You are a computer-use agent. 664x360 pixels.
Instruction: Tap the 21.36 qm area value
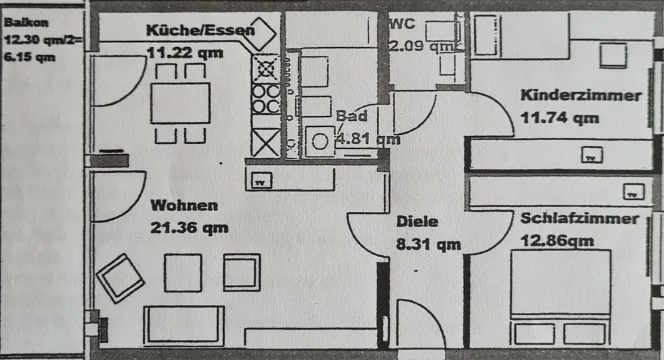coord(189,228)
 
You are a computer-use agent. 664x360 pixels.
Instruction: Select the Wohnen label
coord(183,205)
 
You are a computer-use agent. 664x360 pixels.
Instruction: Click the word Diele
coord(417,222)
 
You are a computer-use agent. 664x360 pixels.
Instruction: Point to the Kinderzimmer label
coord(581,95)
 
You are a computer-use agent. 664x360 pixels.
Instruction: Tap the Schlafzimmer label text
coord(580,219)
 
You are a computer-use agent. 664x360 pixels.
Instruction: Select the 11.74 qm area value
coord(560,118)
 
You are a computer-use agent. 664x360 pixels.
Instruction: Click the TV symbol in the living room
coord(261,180)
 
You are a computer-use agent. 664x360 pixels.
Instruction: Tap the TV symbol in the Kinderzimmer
coord(590,157)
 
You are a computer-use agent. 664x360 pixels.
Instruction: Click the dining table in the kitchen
coord(180,103)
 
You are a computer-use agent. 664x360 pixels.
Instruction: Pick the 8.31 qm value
coord(428,244)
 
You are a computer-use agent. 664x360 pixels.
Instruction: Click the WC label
coord(404,25)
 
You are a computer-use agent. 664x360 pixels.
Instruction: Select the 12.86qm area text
coord(558,241)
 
